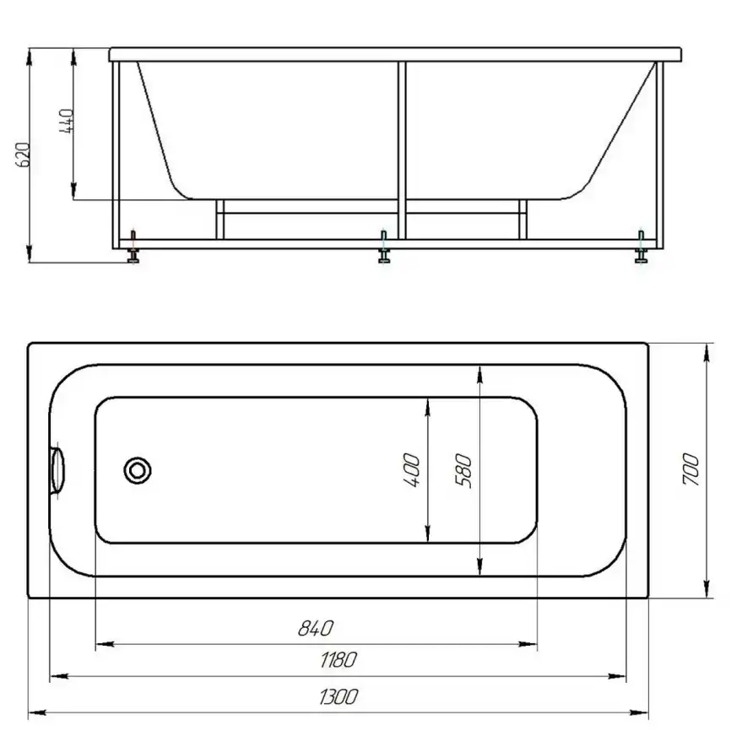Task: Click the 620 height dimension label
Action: pyautogui.click(x=23, y=154)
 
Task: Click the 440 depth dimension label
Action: pyautogui.click(x=67, y=122)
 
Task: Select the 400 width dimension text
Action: pyautogui.click(x=411, y=470)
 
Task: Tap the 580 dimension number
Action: pyautogui.click(x=463, y=470)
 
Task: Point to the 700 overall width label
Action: pyautogui.click(x=691, y=469)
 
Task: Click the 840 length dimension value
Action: pyautogui.click(x=316, y=628)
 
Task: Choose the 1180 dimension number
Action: pyautogui.click(x=338, y=660)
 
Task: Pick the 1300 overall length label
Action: pyautogui.click(x=338, y=697)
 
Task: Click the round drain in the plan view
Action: pyautogui.click(x=138, y=470)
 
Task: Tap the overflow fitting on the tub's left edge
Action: pyautogui.click(x=57, y=470)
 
